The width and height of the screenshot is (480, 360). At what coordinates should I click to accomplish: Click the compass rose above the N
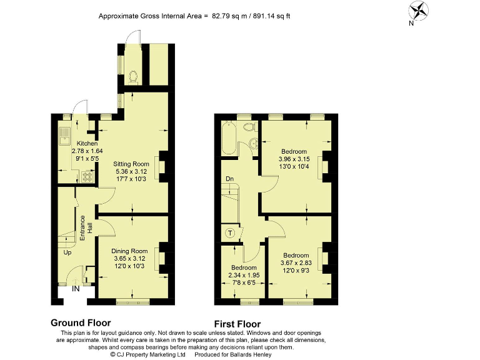pyautogui.click(x=418, y=11)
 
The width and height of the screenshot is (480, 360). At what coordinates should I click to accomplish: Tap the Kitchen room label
pyautogui.click(x=87, y=144)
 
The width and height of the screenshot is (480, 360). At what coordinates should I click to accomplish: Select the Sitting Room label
pyautogui.click(x=131, y=164)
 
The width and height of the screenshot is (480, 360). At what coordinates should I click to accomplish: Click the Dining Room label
pyautogui.click(x=129, y=251)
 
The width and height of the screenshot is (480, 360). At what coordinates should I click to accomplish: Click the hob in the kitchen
pyautogui.click(x=87, y=176)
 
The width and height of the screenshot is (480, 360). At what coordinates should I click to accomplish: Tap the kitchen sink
pyautogui.click(x=64, y=137)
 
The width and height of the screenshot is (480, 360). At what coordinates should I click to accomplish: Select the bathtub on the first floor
pyautogui.click(x=229, y=137)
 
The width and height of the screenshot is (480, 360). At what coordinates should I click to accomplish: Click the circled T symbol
pyautogui.click(x=230, y=233)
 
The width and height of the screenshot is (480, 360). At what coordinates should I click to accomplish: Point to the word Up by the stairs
pyautogui.click(x=67, y=252)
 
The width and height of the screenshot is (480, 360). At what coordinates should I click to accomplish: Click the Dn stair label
pyautogui.click(x=229, y=179)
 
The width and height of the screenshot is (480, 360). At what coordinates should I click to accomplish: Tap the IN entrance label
pyautogui.click(x=76, y=289)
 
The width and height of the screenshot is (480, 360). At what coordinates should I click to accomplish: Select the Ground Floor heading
pyautogui.click(x=81, y=322)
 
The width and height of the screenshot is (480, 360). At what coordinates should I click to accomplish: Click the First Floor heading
pyautogui.click(x=237, y=324)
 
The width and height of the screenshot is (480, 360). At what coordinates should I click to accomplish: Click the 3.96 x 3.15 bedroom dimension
pyautogui.click(x=294, y=159)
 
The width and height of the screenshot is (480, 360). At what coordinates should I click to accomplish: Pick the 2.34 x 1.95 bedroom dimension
pyautogui.click(x=244, y=276)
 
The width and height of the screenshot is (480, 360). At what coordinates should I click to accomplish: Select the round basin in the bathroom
pyautogui.click(x=254, y=143)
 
